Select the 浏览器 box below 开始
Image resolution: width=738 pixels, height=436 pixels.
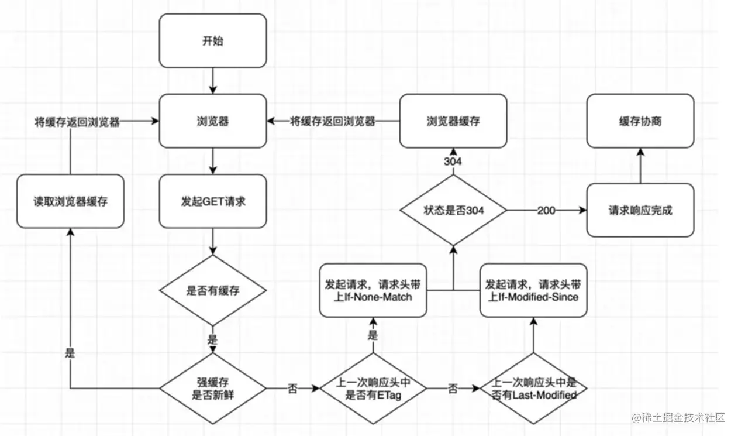[x=213, y=121]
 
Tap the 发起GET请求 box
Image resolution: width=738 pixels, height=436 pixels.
[x=213, y=201]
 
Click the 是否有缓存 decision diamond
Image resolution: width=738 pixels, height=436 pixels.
[x=213, y=290]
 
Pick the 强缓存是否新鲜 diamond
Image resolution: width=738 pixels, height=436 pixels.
[x=213, y=388]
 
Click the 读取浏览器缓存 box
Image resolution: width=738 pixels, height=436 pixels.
[x=70, y=201]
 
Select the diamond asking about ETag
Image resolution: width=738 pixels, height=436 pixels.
[x=373, y=388]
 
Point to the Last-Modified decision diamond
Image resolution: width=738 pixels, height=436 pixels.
[x=533, y=389]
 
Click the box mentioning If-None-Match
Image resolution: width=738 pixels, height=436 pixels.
[x=373, y=290]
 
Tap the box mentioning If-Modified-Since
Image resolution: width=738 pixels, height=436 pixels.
[x=533, y=290]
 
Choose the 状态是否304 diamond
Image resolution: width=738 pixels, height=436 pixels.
[x=453, y=210]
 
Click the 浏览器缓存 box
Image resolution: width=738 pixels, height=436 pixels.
[x=453, y=121]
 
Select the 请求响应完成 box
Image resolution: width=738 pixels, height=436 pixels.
[x=640, y=210]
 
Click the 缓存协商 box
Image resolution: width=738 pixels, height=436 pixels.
[x=640, y=121]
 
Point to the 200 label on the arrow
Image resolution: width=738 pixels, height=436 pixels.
[x=547, y=210]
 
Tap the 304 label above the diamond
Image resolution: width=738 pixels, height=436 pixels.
[x=453, y=161]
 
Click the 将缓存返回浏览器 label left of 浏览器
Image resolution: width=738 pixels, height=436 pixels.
[x=77, y=122]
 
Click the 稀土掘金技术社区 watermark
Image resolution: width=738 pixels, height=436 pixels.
[x=678, y=417]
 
